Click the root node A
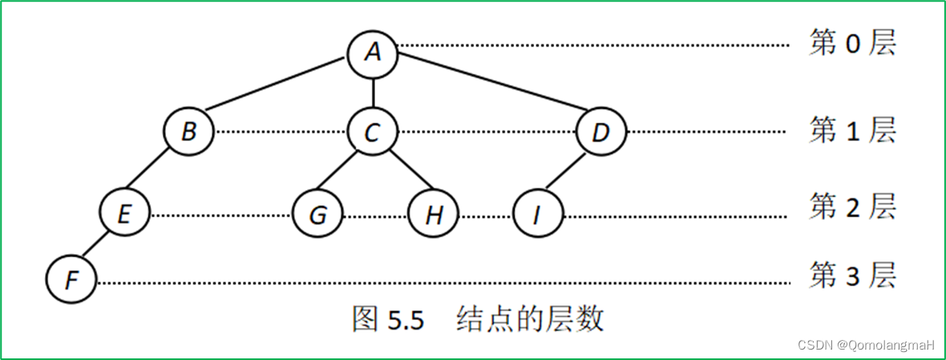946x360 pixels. [x=373, y=52]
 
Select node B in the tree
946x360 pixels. [x=189, y=131]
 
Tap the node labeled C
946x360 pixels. [x=373, y=131]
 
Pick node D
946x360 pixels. [x=601, y=131]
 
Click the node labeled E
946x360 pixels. [x=125, y=215]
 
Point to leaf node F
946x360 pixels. [x=71, y=281]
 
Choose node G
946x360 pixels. [x=317, y=215]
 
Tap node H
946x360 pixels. [x=433, y=215]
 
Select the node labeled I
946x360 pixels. [x=538, y=215]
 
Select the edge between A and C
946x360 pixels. [x=373, y=91]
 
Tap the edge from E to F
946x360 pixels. [x=99, y=247]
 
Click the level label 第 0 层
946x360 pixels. [x=851, y=44]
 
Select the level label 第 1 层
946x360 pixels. [x=851, y=131]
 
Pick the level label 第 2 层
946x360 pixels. [x=851, y=207]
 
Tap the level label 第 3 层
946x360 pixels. [x=851, y=277]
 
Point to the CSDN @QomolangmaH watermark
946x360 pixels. [x=867, y=345]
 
